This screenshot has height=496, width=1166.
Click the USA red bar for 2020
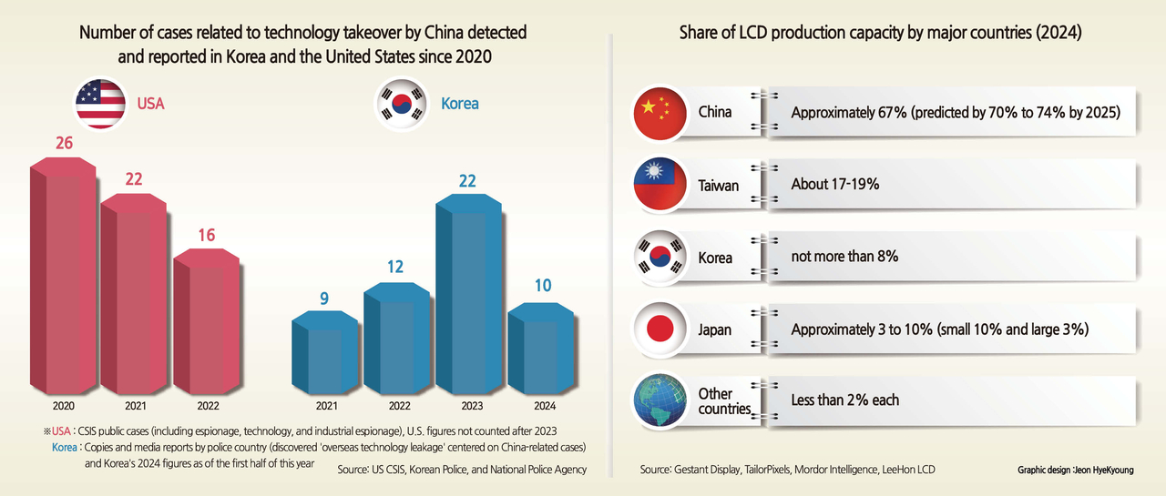[63, 276]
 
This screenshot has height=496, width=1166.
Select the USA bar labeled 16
[207, 321]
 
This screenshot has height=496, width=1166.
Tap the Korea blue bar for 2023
[468, 294]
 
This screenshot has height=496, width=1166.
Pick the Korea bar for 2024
[541, 349]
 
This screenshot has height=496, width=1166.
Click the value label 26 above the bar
[64, 143]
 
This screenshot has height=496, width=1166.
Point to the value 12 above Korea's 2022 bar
[395, 267]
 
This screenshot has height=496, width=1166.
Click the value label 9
[324, 299]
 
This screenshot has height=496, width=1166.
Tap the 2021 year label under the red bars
[136, 406]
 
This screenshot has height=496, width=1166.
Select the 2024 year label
[545, 406]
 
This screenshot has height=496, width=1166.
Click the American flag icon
[100, 104]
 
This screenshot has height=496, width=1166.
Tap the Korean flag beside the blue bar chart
[402, 104]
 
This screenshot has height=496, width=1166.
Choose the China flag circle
[660, 114]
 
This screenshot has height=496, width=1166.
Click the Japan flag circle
[660, 329]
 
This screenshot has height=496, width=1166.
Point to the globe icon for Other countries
[660, 400]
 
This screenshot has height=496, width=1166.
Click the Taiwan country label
[719, 186]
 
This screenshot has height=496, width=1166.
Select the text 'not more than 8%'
[844, 257]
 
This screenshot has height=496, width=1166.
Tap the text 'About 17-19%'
[835, 184]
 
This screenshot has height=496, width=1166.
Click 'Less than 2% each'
[844, 400]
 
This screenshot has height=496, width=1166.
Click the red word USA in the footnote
[61, 431]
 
